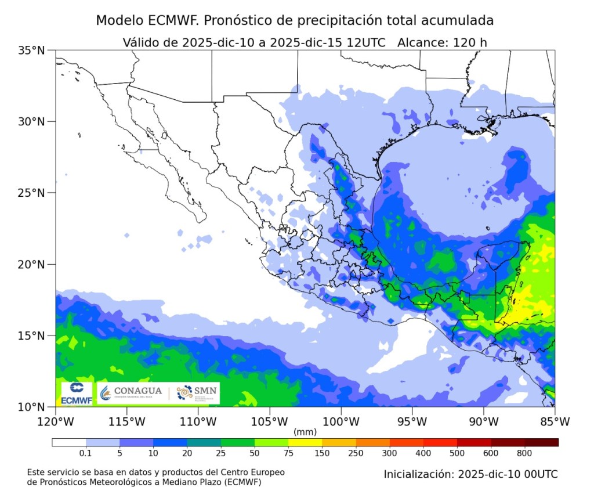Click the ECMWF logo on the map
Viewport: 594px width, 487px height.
pyautogui.click(x=77, y=393)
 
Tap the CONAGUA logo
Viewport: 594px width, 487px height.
pyautogui.click(x=131, y=393)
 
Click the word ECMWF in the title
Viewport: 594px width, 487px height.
pyautogui.click(x=171, y=20)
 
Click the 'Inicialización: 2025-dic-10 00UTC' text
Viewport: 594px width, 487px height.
pyautogui.click(x=470, y=474)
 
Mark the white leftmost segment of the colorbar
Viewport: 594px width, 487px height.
pyautogui.click(x=68, y=442)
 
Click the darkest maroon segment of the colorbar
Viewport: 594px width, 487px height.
pyautogui.click(x=541, y=442)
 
